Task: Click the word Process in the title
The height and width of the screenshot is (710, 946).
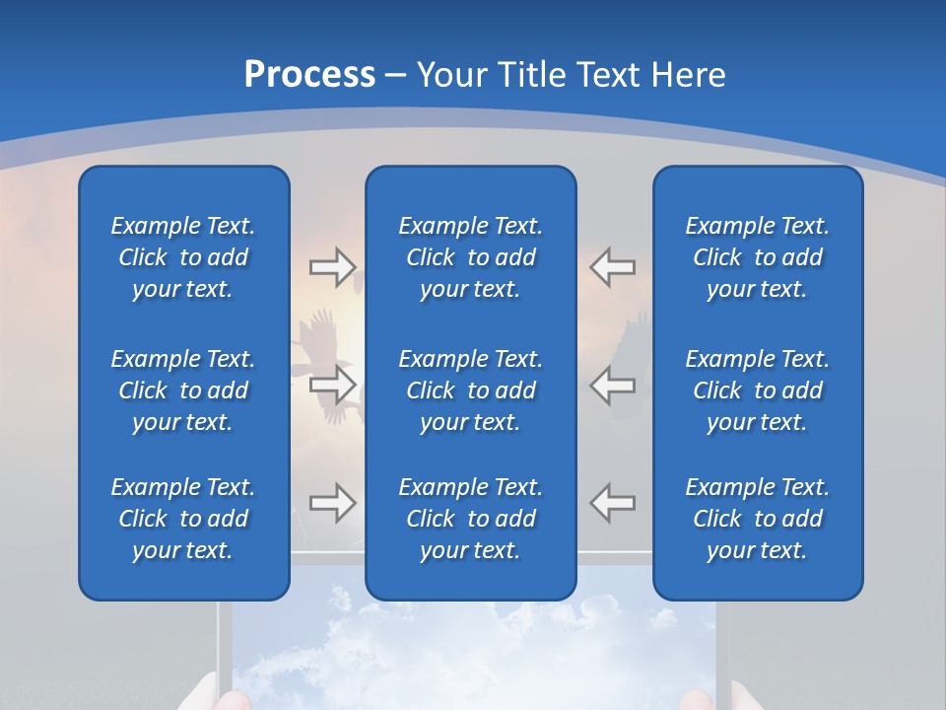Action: pos(309,75)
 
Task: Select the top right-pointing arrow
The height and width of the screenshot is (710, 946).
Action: pos(332,267)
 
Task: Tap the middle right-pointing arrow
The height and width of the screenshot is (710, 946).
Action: pos(332,386)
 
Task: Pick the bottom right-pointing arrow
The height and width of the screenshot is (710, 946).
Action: pos(332,503)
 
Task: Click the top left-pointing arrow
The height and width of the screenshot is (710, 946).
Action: pos(613,267)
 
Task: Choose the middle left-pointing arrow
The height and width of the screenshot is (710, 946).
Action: pos(613,386)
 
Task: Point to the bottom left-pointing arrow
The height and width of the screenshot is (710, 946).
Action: pos(613,503)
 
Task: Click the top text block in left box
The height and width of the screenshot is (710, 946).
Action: pos(183,257)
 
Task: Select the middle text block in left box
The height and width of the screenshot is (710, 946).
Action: pos(183,390)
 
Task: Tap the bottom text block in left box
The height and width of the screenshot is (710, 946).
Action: pos(183,519)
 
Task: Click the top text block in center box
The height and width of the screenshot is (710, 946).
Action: pos(471,257)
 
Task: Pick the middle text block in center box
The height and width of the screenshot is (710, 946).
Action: pos(471,390)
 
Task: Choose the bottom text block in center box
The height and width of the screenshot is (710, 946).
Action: pos(471,519)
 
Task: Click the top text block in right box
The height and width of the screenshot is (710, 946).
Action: pos(758,257)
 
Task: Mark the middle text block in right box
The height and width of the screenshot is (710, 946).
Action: pos(758,390)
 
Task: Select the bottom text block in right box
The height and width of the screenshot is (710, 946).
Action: pos(758,519)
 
